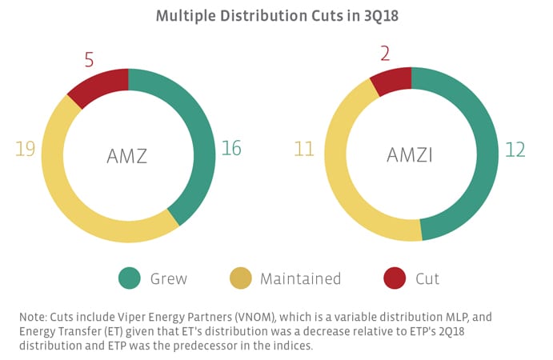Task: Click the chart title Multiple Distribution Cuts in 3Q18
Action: (275, 15)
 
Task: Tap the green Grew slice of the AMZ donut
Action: (198, 136)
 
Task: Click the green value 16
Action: (231, 148)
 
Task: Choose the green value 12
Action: (515, 148)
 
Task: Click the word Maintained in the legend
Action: (300, 278)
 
